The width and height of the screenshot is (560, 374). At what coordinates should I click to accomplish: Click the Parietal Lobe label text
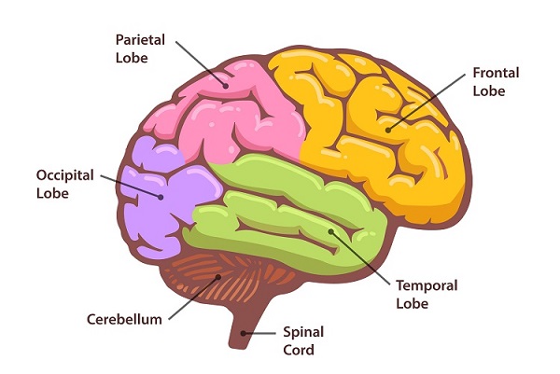coord(141,48)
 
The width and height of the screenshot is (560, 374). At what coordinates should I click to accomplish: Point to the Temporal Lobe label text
coord(427,294)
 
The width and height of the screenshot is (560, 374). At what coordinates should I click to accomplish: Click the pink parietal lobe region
coord(233,117)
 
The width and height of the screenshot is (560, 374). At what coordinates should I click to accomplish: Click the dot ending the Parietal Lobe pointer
coord(226,85)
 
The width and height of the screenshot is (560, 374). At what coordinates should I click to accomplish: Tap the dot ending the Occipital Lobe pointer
coord(161,197)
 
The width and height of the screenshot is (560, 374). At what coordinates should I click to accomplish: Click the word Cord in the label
coord(300,351)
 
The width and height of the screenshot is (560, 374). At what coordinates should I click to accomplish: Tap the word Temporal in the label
coord(427,285)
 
